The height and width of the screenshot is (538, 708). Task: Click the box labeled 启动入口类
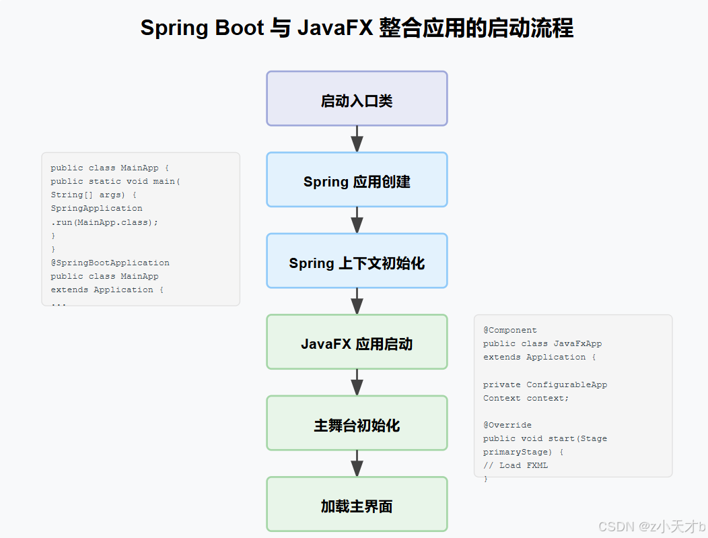click(357, 99)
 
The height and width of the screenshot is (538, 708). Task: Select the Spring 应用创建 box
click(357, 180)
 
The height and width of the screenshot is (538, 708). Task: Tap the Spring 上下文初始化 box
click(357, 261)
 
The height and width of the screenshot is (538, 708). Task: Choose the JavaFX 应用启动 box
click(357, 343)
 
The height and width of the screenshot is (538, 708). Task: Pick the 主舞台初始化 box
click(357, 424)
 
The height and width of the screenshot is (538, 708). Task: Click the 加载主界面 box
click(357, 505)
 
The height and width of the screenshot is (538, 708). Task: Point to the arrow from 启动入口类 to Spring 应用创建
click(357, 139)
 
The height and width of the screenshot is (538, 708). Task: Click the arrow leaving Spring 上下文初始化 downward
click(357, 302)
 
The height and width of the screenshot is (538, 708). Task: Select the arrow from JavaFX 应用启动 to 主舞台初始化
click(357, 382)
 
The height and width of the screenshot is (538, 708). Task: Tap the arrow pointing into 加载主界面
click(357, 464)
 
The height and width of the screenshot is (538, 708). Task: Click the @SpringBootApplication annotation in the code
click(110, 263)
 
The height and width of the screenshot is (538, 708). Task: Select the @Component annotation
click(510, 331)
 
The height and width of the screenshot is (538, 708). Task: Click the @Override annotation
click(507, 425)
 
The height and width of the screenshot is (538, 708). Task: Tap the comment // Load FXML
click(516, 465)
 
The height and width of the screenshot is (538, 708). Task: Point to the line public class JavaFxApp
click(542, 344)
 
